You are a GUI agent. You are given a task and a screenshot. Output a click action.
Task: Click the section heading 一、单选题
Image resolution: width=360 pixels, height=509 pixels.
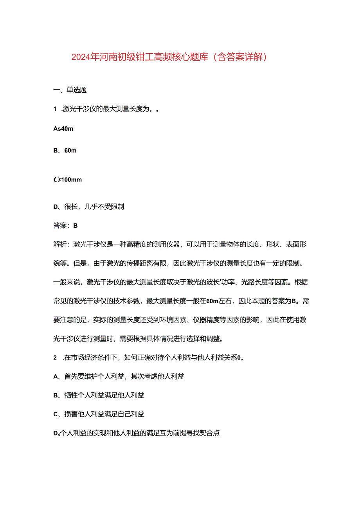pos(70,90)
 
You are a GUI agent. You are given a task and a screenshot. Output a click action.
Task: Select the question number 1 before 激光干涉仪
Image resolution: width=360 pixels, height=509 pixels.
pos(55,109)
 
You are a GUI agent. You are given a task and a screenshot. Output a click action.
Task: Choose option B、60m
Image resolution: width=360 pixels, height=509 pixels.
pos(65,151)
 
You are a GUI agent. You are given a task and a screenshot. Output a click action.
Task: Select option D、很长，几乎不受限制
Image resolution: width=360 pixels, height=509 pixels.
pos(88,207)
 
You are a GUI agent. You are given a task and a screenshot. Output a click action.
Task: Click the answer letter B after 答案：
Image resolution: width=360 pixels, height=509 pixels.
pos(76,225)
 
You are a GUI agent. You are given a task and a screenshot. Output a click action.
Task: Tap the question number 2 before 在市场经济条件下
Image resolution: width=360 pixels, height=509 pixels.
pos(55,357)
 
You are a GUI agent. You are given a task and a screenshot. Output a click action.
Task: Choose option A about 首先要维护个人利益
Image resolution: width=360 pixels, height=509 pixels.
pos(119,376)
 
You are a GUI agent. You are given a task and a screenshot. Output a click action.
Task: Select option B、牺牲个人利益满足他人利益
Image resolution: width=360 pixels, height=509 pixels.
pos(99,395)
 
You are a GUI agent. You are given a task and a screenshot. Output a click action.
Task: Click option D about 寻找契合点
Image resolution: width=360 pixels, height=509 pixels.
pos(136,433)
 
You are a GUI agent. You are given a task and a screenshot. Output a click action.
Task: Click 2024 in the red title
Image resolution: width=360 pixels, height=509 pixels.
pos(81,58)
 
